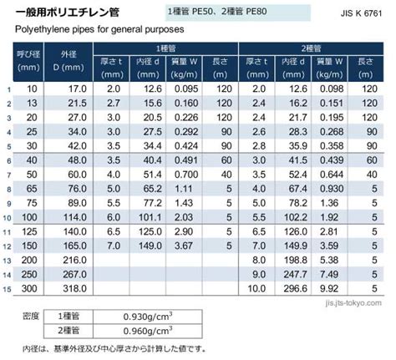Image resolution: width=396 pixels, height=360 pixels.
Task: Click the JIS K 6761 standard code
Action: (361, 13)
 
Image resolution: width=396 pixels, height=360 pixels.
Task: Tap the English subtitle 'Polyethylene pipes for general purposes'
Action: (99, 29)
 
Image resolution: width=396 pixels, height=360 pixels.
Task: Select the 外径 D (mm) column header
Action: (69, 61)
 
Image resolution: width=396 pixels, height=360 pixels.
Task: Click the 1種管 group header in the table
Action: (165, 48)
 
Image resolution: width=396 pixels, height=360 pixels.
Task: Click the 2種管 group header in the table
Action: (311, 48)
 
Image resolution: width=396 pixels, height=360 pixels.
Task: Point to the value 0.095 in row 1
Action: (186, 89)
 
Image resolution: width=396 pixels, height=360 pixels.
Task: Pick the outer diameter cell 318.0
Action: (74, 288)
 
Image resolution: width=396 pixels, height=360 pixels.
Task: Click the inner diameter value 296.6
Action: (295, 288)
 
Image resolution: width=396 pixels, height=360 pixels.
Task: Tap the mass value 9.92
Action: (329, 288)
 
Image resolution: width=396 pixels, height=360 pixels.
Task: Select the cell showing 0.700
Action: (186, 175)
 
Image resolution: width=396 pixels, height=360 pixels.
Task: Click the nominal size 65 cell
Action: (32, 189)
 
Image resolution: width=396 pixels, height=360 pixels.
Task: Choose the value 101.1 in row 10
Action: (150, 217)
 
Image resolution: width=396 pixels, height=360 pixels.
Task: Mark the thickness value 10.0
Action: (256, 288)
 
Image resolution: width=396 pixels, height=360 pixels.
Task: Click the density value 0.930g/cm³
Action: (148, 317)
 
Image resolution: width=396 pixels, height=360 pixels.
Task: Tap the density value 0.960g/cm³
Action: (148, 331)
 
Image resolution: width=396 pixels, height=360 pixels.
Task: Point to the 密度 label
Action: (31, 317)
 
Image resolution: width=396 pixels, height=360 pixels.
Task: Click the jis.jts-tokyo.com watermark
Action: (353, 303)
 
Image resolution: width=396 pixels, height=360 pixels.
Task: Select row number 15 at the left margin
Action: (7, 289)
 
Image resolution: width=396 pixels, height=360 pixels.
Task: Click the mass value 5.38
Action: (329, 260)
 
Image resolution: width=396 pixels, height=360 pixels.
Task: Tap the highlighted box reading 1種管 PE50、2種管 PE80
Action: (238, 13)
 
